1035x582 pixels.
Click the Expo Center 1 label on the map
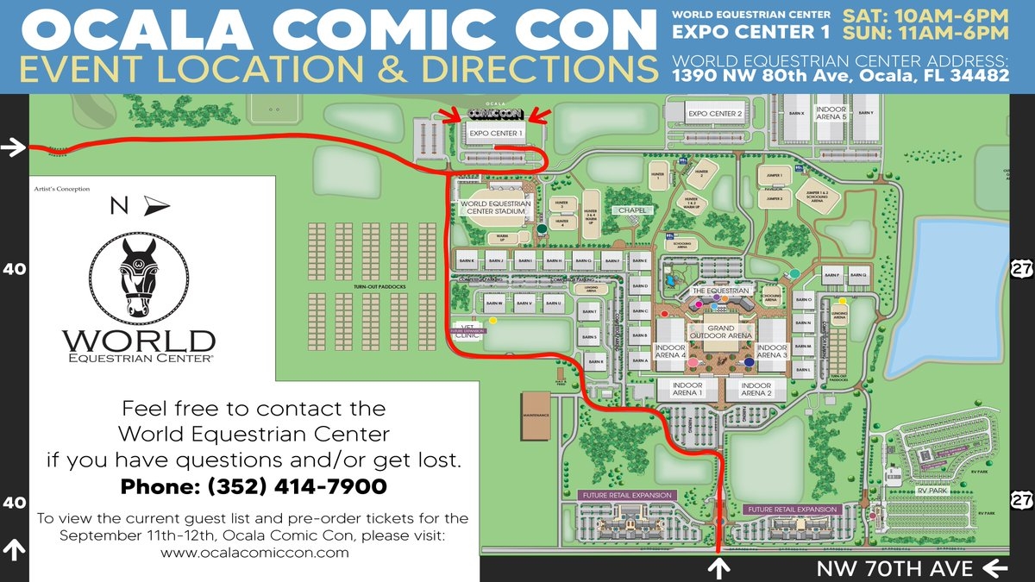click(495, 134)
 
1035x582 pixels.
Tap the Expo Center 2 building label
click(715, 114)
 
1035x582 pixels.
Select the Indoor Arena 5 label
click(831, 115)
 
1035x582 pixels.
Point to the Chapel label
click(631, 210)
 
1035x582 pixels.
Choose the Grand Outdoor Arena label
click(721, 332)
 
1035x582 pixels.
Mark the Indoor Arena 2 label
click(756, 389)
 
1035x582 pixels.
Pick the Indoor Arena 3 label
click(773, 351)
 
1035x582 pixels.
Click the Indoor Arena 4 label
click(670, 351)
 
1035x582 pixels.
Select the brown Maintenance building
click(536, 416)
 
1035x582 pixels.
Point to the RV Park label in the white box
click(932, 491)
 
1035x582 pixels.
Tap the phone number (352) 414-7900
click(254, 487)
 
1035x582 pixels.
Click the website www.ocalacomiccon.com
click(254, 553)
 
